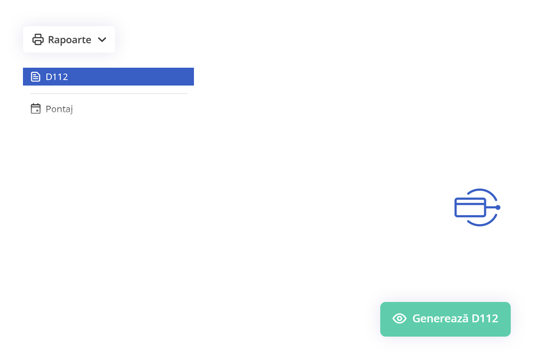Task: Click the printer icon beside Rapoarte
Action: click(38, 40)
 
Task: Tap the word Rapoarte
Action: click(69, 40)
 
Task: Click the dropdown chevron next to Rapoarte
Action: click(102, 40)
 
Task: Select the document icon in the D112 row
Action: click(36, 76)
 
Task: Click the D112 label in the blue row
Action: click(57, 77)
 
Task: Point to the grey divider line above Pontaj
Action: click(109, 93)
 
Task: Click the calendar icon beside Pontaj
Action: click(36, 108)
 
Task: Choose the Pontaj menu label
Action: click(59, 109)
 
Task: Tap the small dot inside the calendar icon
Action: click(37, 111)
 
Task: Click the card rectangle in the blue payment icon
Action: click(470, 207)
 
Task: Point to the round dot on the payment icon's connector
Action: click(498, 207)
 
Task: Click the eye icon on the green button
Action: click(399, 319)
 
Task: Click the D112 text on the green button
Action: click(485, 319)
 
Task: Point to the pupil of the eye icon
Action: click(399, 319)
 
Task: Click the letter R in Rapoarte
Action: click(51, 40)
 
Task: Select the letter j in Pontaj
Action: click(71, 110)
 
